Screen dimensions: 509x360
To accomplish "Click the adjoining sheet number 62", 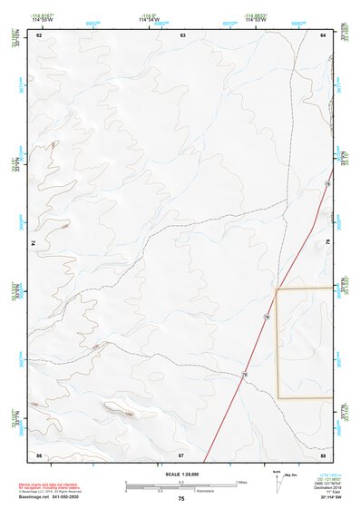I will tap(39, 34).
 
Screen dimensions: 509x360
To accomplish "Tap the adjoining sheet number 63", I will tap(182, 34).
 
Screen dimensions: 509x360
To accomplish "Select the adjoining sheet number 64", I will tap(323, 34).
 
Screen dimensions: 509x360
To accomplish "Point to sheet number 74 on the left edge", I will tap(35, 243).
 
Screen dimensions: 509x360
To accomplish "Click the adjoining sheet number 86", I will tap(39, 454).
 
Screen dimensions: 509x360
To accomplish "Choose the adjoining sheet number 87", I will tap(181, 454).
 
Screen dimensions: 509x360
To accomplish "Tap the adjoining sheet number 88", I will tap(323, 454).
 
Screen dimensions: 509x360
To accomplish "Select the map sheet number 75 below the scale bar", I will tap(181, 500).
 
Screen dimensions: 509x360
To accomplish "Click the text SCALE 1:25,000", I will tap(181, 475).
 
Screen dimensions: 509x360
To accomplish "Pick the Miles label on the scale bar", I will tap(240, 482).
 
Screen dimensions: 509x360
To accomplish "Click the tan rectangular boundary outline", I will tap(277, 345).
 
